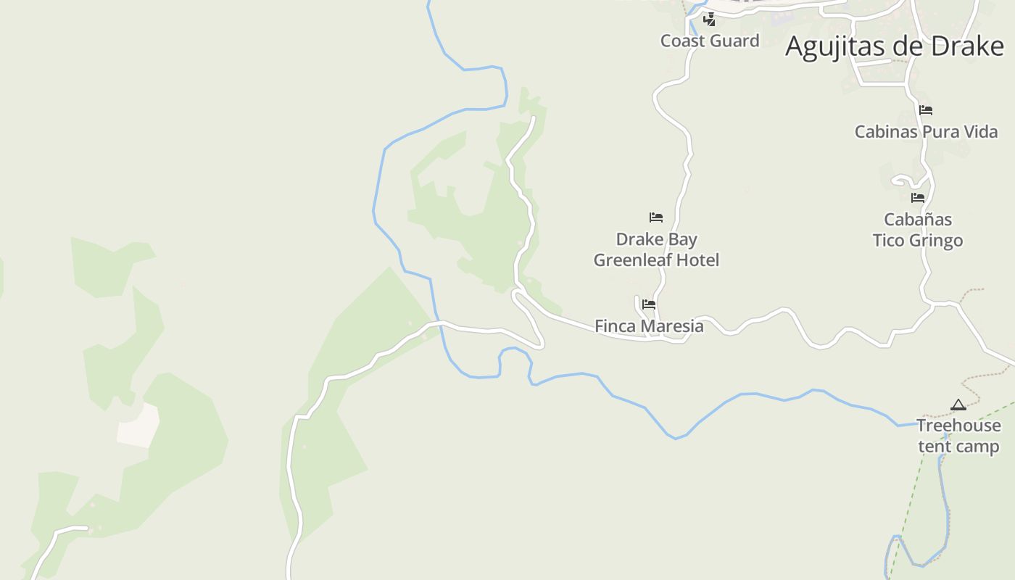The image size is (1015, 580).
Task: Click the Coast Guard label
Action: (x=710, y=41)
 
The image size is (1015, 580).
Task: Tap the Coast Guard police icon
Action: (x=710, y=20)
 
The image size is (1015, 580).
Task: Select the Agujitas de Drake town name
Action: (x=894, y=46)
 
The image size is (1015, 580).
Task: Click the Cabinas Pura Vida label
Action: (x=926, y=132)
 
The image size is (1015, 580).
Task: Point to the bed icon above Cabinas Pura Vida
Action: (x=926, y=110)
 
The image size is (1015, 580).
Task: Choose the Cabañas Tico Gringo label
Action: (x=918, y=230)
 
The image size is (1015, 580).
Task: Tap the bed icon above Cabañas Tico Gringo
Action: (x=918, y=197)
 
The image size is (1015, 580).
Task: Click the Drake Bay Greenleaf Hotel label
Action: (x=656, y=249)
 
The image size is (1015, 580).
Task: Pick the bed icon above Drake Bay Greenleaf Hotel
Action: (x=656, y=217)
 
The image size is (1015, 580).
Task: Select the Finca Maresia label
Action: (x=649, y=326)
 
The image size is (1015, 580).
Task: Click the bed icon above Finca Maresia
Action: (x=649, y=304)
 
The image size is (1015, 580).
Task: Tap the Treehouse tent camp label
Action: (x=958, y=436)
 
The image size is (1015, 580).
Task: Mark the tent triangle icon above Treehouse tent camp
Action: (x=958, y=405)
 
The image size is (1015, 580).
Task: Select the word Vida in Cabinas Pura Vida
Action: (x=981, y=132)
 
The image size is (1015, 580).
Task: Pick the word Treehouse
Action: (x=958, y=426)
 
